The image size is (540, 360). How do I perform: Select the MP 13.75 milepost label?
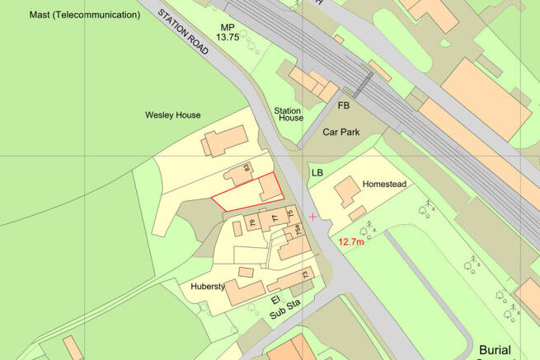pos(227,32)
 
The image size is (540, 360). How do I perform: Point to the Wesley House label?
pos(172,115)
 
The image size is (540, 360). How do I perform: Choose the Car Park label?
pos(344,131)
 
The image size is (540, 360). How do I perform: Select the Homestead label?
pos(386,184)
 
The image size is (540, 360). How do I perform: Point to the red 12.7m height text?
pos(352,241)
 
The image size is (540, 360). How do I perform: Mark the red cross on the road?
pos(312,216)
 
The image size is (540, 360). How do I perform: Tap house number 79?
pos(252,223)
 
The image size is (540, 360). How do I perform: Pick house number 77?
pos(273,218)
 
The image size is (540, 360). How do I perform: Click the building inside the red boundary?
pos(270,190)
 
